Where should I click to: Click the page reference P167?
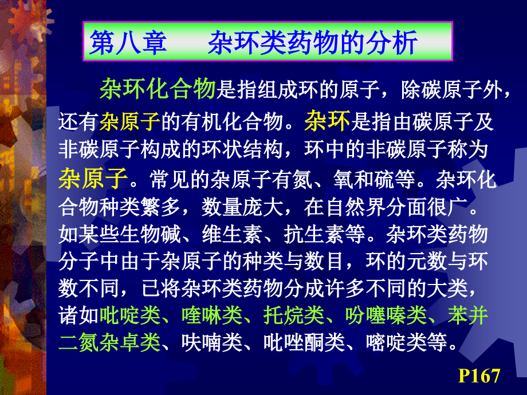click(479, 376)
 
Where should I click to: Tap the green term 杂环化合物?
click(157, 89)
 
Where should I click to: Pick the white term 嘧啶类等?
click(405, 342)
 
